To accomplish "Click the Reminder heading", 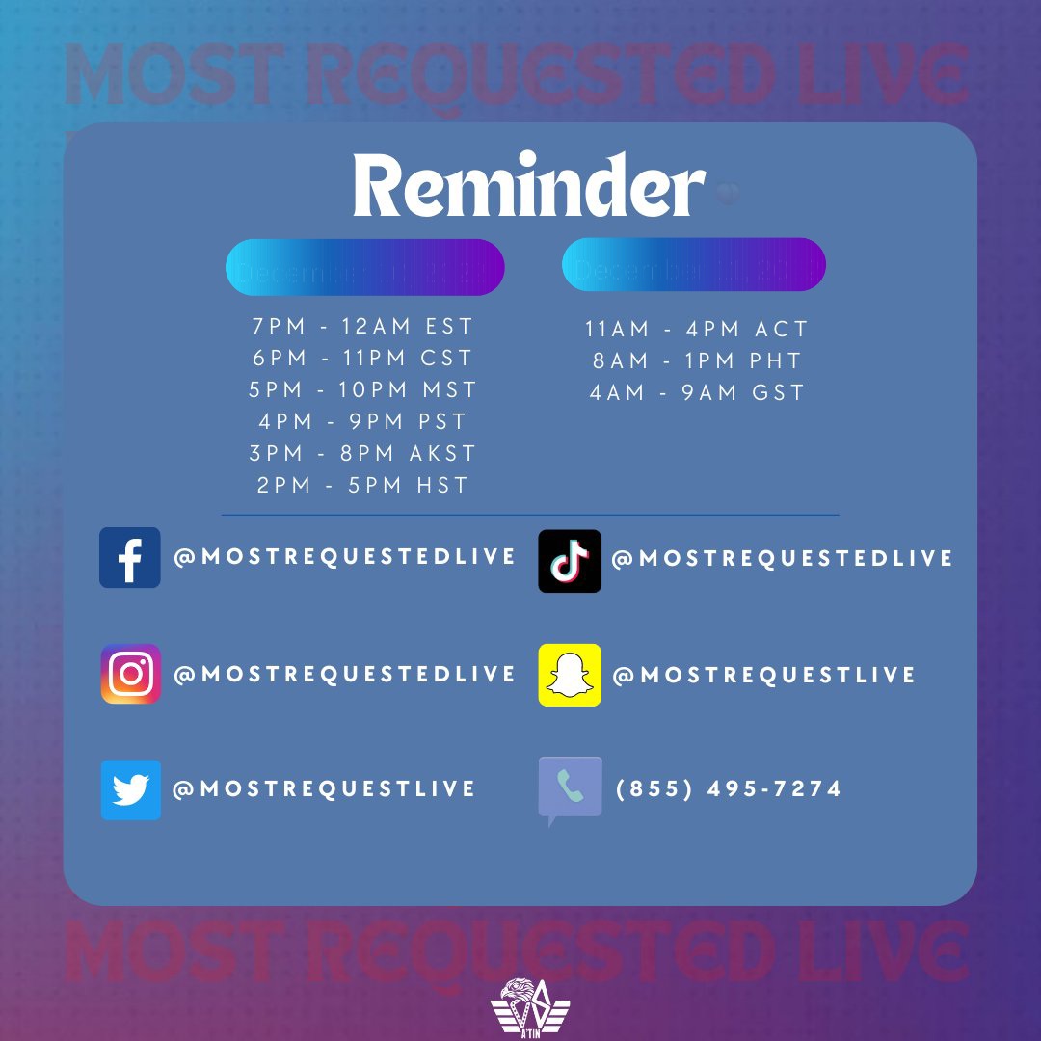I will click(528, 185).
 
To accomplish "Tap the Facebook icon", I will click(130, 557).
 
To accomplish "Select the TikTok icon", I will click(570, 560).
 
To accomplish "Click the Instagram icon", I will click(130, 674).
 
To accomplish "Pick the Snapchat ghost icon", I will click(570, 675).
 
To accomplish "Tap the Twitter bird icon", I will click(130, 789).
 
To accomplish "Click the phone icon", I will click(570, 788).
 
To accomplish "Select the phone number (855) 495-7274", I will click(728, 789).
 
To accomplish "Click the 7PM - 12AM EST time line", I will click(363, 326).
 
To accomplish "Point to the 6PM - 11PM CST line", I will click(363, 358).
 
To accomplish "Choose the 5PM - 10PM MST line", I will click(363, 389).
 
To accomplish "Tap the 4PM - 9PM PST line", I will click(363, 421).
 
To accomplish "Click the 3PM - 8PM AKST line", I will click(363, 453).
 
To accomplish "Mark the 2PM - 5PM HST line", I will click(363, 485).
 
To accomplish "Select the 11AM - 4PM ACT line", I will click(696, 329).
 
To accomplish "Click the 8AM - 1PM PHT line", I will click(696, 360).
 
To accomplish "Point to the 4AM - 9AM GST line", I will click(696, 392).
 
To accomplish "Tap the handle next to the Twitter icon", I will click(324, 789).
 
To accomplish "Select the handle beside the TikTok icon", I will click(782, 559).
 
